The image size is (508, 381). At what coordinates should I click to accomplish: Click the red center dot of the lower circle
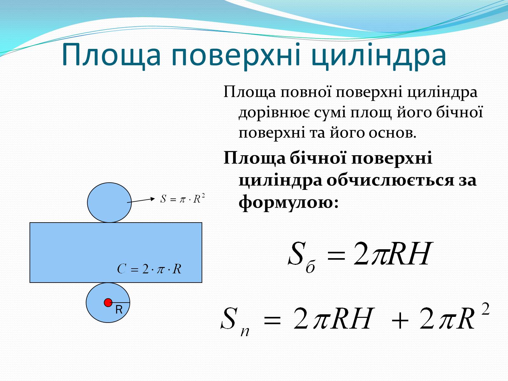[108, 302]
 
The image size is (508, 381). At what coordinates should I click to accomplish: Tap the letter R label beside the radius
[119, 310]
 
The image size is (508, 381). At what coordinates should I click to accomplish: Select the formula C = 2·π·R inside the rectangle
[149, 269]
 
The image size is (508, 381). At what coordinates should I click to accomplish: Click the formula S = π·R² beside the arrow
[183, 199]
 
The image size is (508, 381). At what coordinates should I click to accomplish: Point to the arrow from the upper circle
[141, 200]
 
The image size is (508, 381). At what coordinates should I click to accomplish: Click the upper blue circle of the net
[109, 203]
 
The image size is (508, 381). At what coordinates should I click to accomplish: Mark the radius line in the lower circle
[121, 302]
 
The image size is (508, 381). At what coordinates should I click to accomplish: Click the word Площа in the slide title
[111, 56]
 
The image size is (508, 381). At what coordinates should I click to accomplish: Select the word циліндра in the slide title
[379, 56]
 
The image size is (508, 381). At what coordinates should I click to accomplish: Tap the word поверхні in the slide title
[236, 56]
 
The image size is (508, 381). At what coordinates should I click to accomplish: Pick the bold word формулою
[289, 202]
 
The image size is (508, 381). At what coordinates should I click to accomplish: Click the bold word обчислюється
[390, 180]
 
